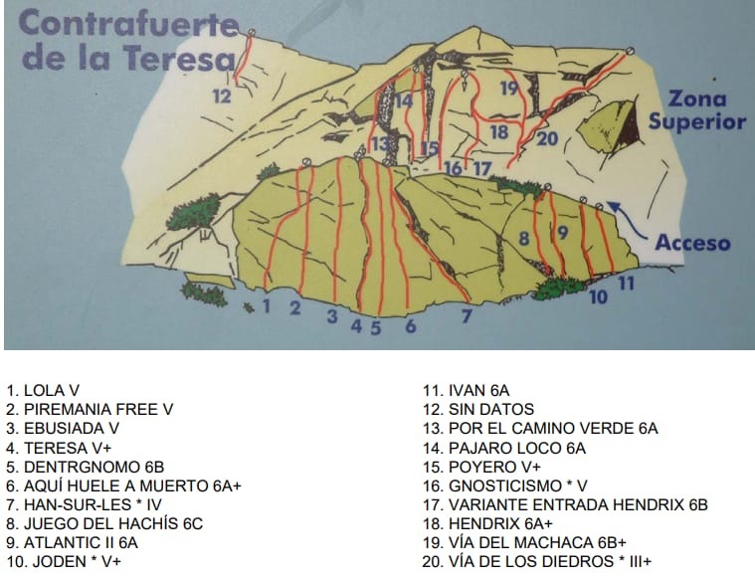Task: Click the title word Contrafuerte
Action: [x=128, y=24]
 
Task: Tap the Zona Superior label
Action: [x=696, y=110]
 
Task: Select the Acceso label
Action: [x=691, y=242]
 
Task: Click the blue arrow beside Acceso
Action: [x=622, y=211]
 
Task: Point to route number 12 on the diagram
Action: [x=222, y=97]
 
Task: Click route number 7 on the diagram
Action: [x=466, y=317]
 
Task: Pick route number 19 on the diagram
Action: [x=509, y=89]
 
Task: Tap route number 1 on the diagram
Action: [x=266, y=305]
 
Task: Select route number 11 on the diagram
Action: [x=626, y=283]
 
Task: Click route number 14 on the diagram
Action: [x=404, y=100]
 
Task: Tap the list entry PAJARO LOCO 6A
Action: [x=504, y=448]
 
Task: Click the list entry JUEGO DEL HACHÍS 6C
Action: [x=104, y=523]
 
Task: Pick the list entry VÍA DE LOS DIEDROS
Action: [x=537, y=561]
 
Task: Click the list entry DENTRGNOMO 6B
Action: [x=85, y=467]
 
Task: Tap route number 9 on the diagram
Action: [x=562, y=233]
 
